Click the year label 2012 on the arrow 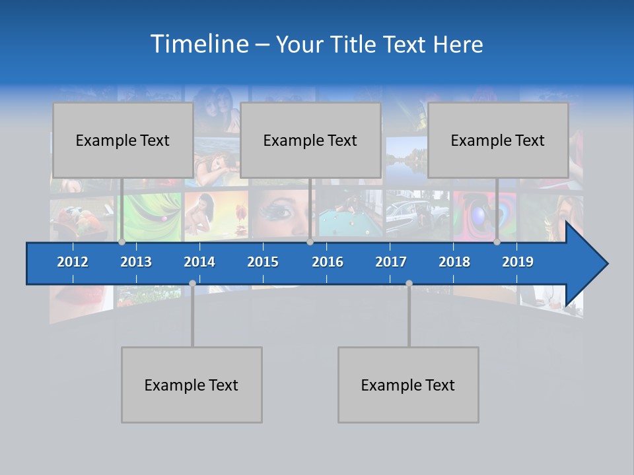[x=73, y=262]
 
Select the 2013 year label [x=136, y=262]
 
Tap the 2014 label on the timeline [x=199, y=262]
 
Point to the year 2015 [x=263, y=262]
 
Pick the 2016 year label [x=328, y=262]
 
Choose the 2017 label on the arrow [x=391, y=262]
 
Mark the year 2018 [x=454, y=262]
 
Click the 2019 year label [x=518, y=262]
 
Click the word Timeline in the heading [x=199, y=44]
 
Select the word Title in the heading [x=357, y=45]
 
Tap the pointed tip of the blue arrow [x=606, y=264]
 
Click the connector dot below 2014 [x=192, y=284]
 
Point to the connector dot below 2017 [x=409, y=284]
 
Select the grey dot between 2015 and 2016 [x=310, y=242]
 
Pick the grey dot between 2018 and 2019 [x=497, y=242]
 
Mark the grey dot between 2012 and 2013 [x=122, y=242]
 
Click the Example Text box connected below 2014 [x=192, y=385]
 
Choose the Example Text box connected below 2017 [x=408, y=385]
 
